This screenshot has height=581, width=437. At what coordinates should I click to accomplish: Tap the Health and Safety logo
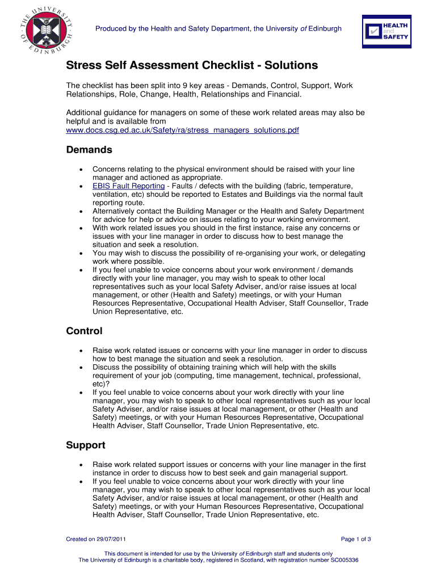(386, 32)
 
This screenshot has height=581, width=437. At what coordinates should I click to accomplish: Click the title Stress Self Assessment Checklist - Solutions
(192, 65)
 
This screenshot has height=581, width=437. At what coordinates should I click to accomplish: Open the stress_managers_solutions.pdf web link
(182, 130)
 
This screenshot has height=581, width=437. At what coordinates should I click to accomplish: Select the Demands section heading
(89, 150)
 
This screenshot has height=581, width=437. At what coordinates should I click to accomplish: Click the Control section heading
(84, 331)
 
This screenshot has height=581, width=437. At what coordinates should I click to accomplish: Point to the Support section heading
(86, 445)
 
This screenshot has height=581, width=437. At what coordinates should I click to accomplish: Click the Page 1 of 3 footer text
(356, 539)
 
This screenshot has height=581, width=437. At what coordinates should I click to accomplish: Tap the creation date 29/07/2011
(111, 539)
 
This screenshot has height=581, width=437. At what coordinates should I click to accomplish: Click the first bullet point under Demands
(83, 170)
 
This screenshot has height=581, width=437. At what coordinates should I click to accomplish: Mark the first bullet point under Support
(83, 465)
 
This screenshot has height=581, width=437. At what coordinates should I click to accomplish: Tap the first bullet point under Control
(83, 351)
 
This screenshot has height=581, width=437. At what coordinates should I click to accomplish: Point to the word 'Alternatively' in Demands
(115, 211)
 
